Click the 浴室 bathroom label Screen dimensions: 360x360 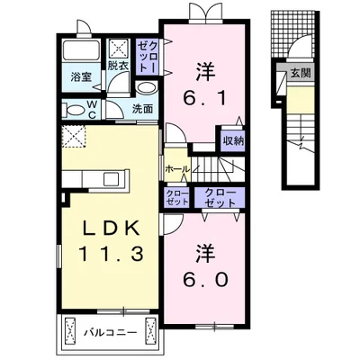(x=80, y=77)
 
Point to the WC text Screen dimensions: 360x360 (x=91, y=107)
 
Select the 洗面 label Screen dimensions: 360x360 (x=143, y=109)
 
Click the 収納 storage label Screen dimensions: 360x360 (x=233, y=140)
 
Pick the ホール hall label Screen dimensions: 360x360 (x=177, y=169)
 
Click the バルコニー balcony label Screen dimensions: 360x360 (x=112, y=332)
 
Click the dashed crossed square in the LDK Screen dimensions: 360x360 (x=74, y=137)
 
